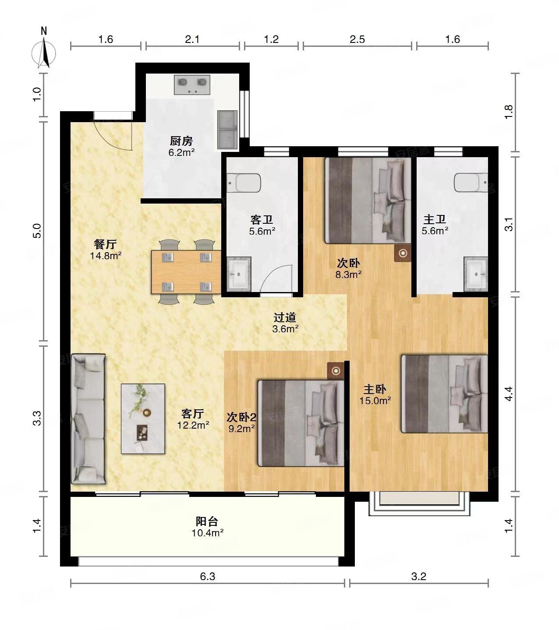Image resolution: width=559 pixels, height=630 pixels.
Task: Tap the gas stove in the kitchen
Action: pos(192,84)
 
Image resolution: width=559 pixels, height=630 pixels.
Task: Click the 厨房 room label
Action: pos(181,141)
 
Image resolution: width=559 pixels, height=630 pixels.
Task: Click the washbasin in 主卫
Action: pos(476,274)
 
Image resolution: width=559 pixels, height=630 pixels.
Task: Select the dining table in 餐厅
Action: pos(186,271)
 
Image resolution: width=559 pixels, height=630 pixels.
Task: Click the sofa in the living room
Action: pos(88,419)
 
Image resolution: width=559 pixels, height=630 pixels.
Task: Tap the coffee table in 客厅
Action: pos(143,419)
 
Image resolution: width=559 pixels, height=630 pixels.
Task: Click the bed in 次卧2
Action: pos(301,423)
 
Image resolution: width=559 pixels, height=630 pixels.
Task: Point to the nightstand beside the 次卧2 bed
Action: pos(336,371)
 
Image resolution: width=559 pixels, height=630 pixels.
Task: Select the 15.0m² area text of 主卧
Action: pos(375,400)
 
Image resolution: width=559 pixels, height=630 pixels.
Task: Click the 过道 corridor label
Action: pos(285,317)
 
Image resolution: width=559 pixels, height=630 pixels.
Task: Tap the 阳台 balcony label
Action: pos(207,521)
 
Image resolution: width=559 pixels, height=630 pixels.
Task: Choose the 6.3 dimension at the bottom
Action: pos(208,577)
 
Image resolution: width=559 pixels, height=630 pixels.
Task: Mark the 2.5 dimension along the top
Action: pos(357,39)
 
